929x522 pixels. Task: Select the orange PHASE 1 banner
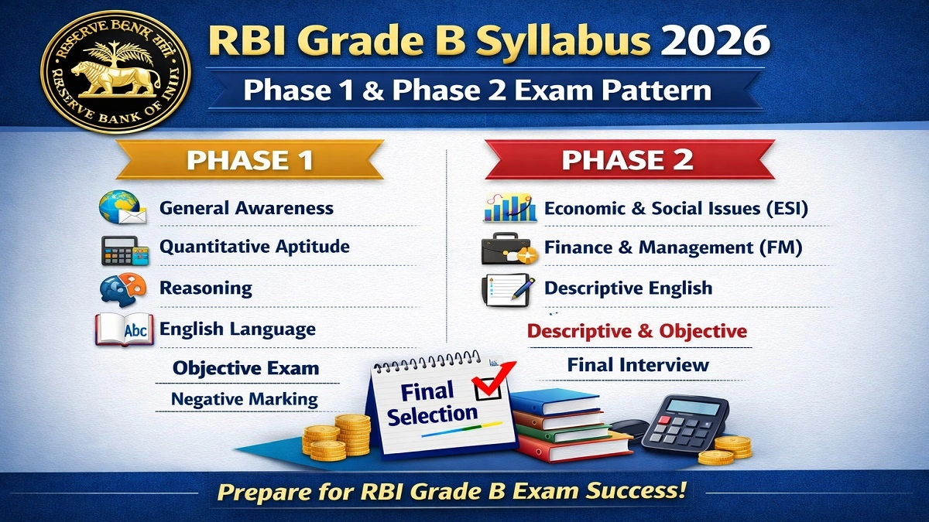(250, 160)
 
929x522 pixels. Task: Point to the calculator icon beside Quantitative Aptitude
(124, 248)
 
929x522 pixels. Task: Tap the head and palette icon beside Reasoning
(123, 289)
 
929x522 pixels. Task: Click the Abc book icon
(122, 329)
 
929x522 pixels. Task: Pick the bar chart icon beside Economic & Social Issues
(509, 208)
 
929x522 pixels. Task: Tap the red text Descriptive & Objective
(636, 331)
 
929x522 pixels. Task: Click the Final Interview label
(638, 365)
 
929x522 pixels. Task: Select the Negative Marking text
(245, 400)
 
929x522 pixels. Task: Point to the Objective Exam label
(245, 368)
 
